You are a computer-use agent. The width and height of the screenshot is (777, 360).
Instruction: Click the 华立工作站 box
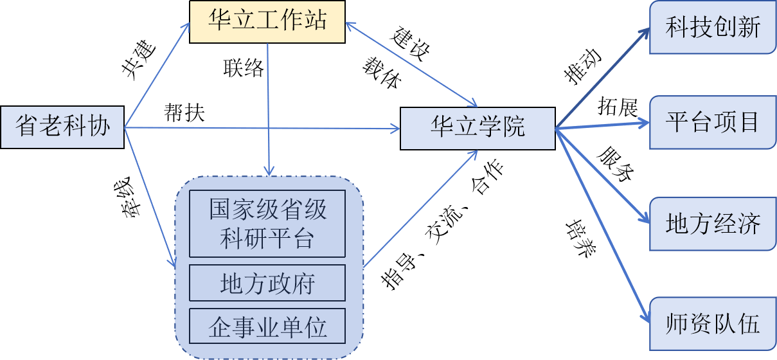tap(267, 22)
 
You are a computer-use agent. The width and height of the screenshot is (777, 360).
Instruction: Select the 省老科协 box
tap(62, 127)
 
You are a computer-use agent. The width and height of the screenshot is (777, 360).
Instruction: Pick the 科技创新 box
tap(712, 28)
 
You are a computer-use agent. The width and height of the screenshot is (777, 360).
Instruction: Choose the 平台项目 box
tap(712, 122)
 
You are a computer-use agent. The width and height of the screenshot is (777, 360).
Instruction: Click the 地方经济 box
tap(712, 224)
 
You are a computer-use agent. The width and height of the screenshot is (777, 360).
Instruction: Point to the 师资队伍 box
tap(712, 323)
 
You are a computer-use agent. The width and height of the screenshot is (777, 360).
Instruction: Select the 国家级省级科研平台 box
tap(267, 224)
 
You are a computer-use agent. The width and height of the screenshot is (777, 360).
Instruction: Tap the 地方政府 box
tap(267, 283)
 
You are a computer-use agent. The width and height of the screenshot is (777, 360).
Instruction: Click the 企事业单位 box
tap(267, 327)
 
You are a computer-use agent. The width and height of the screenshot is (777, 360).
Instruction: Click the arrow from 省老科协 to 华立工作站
tap(156, 76)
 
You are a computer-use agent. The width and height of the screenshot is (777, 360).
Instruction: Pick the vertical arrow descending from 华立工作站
tap(268, 109)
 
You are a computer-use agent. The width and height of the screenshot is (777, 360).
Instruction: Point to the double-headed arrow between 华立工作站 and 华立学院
tap(410, 64)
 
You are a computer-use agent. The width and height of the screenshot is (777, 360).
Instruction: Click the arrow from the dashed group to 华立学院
tap(421, 209)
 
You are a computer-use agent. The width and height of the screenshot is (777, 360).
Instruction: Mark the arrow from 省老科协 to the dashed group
tap(149, 196)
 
